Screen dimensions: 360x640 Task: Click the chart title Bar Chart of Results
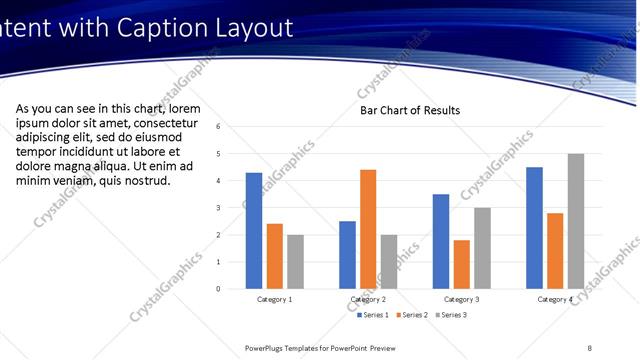pos(410,110)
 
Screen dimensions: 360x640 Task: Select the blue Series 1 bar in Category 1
pos(254,231)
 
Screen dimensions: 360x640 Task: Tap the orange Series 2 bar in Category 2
pos(368,229)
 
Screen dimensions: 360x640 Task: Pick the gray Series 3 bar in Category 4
pos(576,221)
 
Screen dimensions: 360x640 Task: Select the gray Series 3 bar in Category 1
pos(295,262)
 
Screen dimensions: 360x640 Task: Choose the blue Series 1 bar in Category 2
pos(347,255)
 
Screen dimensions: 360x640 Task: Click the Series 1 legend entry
pos(372,315)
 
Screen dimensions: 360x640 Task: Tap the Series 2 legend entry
pos(412,315)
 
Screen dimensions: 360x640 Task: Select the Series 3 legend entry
pos(451,315)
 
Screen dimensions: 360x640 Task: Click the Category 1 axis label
pos(274,299)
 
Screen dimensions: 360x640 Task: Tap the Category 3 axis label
pos(461,299)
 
